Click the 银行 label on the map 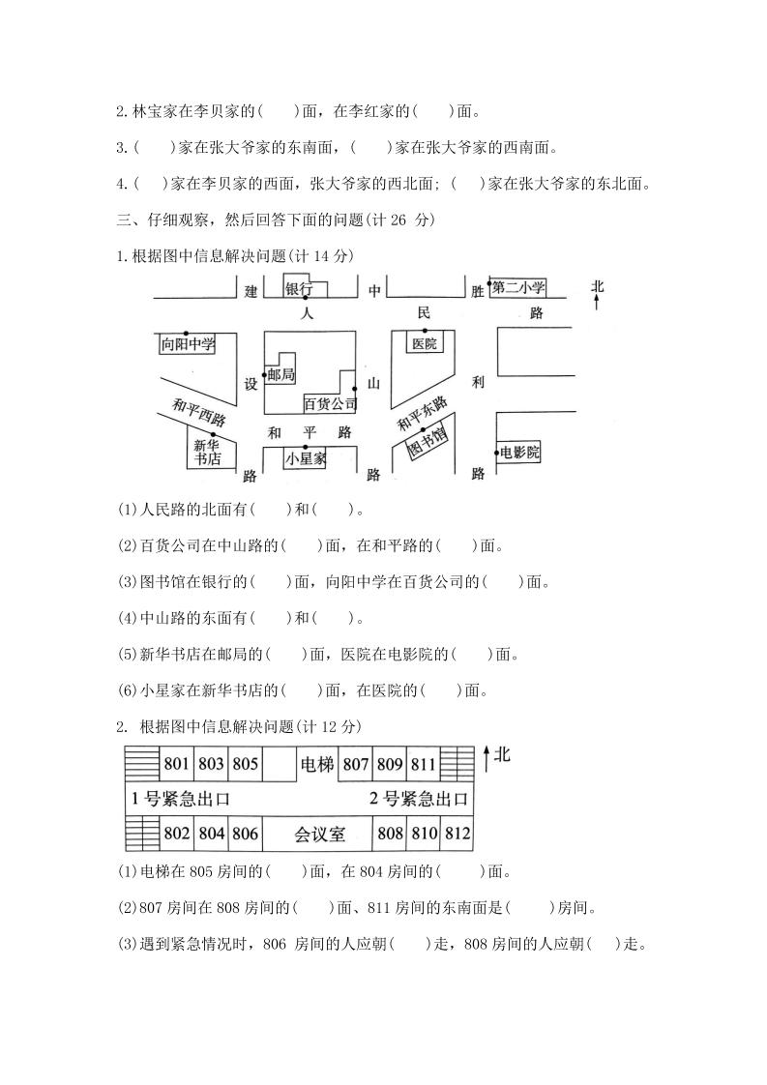click(x=298, y=289)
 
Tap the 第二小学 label click(x=518, y=287)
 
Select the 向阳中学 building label click(x=188, y=343)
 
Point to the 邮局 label click(x=280, y=374)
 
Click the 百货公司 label click(x=331, y=402)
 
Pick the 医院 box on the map click(x=425, y=343)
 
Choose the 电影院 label click(x=519, y=453)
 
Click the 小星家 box click(x=308, y=460)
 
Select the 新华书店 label click(x=207, y=452)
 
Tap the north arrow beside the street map click(x=597, y=295)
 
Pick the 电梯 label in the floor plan click(x=317, y=764)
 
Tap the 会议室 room click(x=319, y=833)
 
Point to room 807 click(x=357, y=764)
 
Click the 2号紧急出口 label click(x=419, y=799)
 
